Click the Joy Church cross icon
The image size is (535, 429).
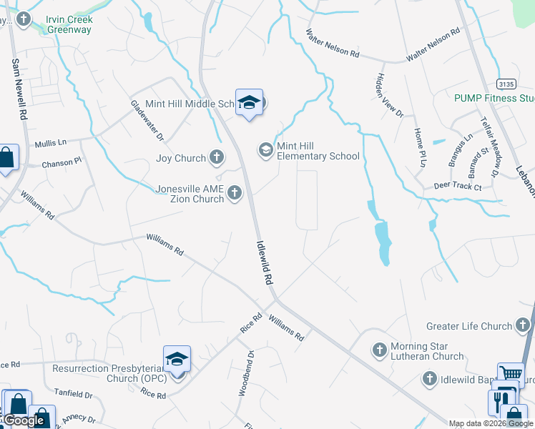(x=217, y=157)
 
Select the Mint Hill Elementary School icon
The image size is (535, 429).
(x=265, y=149)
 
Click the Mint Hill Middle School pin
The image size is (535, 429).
(x=249, y=104)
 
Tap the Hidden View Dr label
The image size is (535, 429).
(x=390, y=95)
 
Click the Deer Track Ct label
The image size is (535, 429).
(x=458, y=187)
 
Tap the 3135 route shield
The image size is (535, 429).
(x=506, y=84)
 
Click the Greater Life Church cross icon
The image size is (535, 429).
(x=524, y=326)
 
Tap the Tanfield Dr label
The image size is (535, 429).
(x=74, y=394)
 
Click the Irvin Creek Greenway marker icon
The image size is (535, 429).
(x=24, y=19)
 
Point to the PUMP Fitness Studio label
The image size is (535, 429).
(x=494, y=98)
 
